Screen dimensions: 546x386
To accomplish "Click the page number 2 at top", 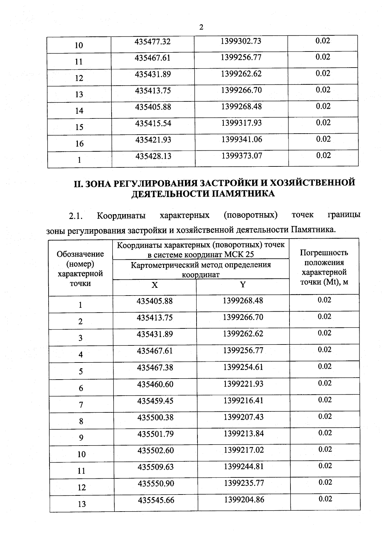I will tap(201, 27).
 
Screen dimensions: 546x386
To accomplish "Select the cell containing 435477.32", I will tap(152, 42).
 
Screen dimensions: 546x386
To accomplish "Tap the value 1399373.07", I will tap(242, 156).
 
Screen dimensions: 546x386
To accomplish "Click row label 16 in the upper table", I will tap(79, 144).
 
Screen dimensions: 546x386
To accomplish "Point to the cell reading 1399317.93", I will tap(242, 123).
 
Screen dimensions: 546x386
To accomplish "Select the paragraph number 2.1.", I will tap(76, 216).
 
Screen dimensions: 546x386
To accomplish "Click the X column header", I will tap(155, 285).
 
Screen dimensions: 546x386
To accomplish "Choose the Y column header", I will tap(243, 285).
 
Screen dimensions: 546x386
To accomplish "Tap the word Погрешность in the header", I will tap(324, 253).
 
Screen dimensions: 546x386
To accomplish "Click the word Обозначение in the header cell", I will tap(80, 254).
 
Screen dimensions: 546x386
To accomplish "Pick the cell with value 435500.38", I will tap(155, 417).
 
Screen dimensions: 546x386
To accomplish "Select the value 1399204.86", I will tap(244, 500).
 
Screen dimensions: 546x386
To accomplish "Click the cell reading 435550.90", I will tap(156, 484).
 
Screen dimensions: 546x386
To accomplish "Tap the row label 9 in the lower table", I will tap(81, 438).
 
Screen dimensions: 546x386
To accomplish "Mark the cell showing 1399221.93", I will tap(243, 384).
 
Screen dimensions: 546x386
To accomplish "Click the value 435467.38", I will tap(155, 367).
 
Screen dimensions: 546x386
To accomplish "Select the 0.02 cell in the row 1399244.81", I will tap(325, 466).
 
